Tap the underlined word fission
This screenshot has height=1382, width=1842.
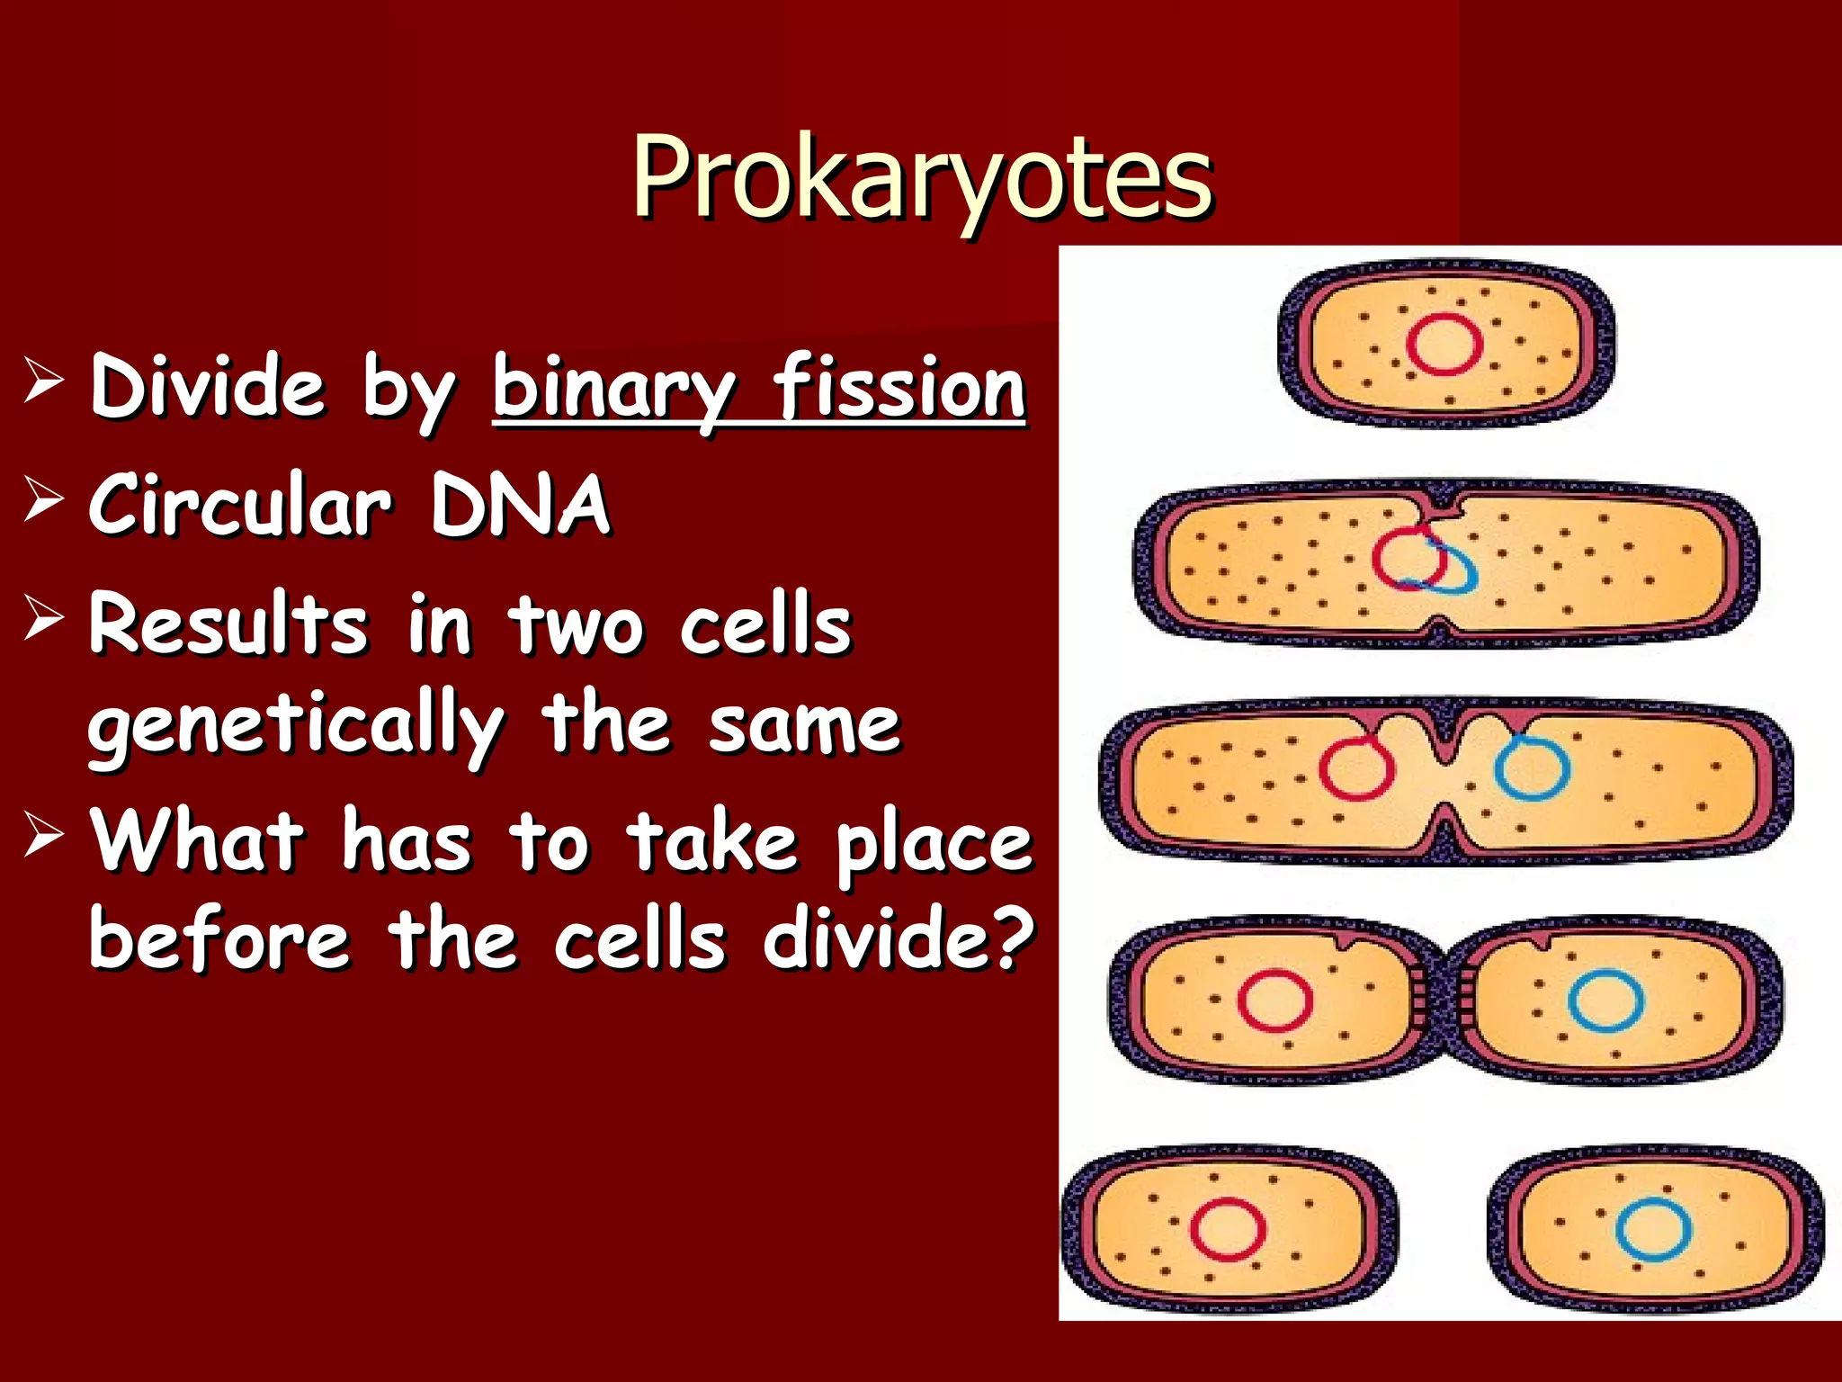[x=899, y=389]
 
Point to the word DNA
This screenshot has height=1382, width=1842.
[x=520, y=506]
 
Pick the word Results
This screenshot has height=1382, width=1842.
[x=228, y=624]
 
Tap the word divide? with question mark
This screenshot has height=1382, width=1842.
[x=899, y=939]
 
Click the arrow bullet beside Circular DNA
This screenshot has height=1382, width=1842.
[x=43, y=499]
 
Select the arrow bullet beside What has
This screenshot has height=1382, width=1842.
[x=43, y=836]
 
